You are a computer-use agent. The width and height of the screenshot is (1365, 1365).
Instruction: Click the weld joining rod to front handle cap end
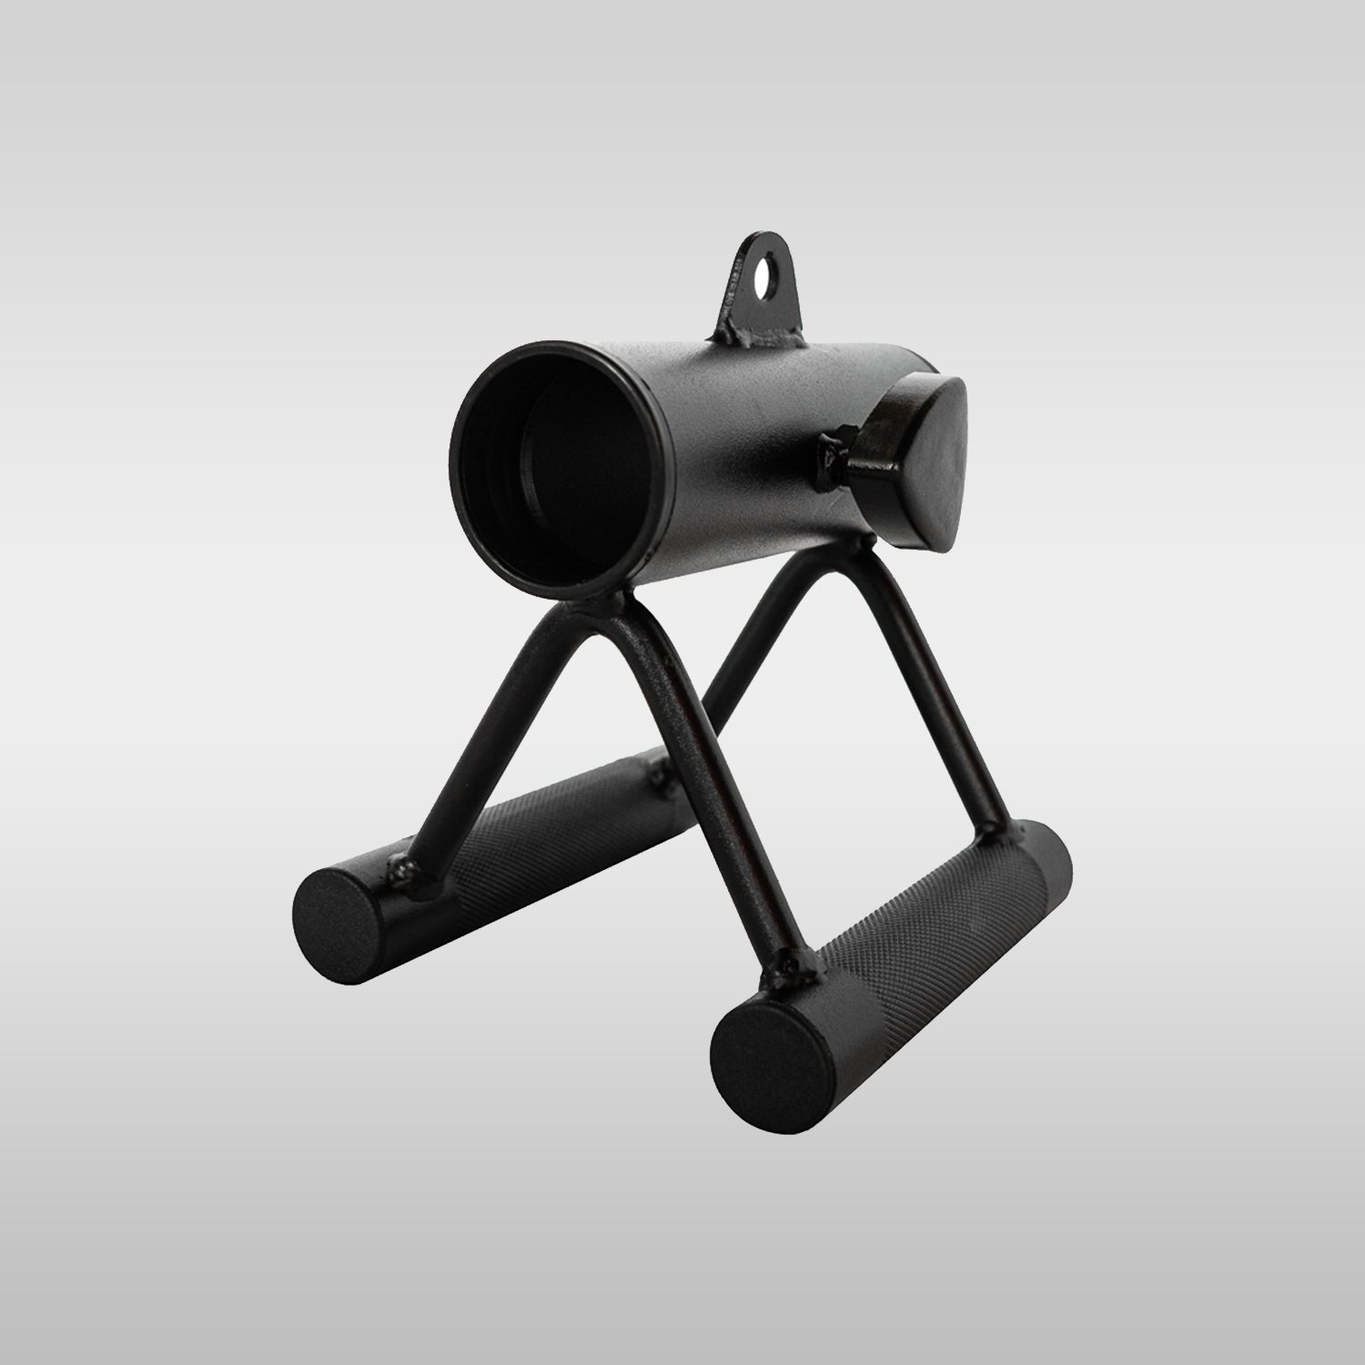point(788,962)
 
